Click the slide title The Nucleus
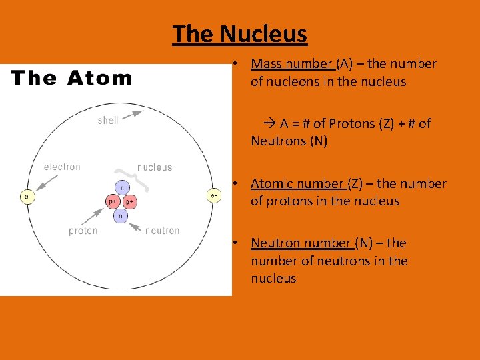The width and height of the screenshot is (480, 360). pyautogui.click(x=240, y=33)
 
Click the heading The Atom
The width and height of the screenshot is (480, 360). pyautogui.click(x=72, y=79)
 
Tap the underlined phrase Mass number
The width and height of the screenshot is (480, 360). pyautogui.click(x=292, y=64)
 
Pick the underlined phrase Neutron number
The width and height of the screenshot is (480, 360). pyautogui.click(x=301, y=243)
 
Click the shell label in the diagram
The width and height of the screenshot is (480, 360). pyautogui.click(x=108, y=121)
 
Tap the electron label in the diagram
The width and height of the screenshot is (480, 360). pyautogui.click(x=62, y=167)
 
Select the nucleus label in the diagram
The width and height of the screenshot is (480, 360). pyautogui.click(x=155, y=167)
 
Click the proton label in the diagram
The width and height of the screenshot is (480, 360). pyautogui.click(x=83, y=231)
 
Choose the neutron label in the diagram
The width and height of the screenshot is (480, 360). pyautogui.click(x=163, y=231)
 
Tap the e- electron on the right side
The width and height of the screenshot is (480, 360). pyautogui.click(x=213, y=196)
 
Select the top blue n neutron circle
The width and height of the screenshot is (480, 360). pyautogui.click(x=121, y=188)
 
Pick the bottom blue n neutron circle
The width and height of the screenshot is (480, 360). pyautogui.click(x=121, y=215)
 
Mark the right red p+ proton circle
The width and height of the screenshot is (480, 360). pyautogui.click(x=130, y=201)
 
